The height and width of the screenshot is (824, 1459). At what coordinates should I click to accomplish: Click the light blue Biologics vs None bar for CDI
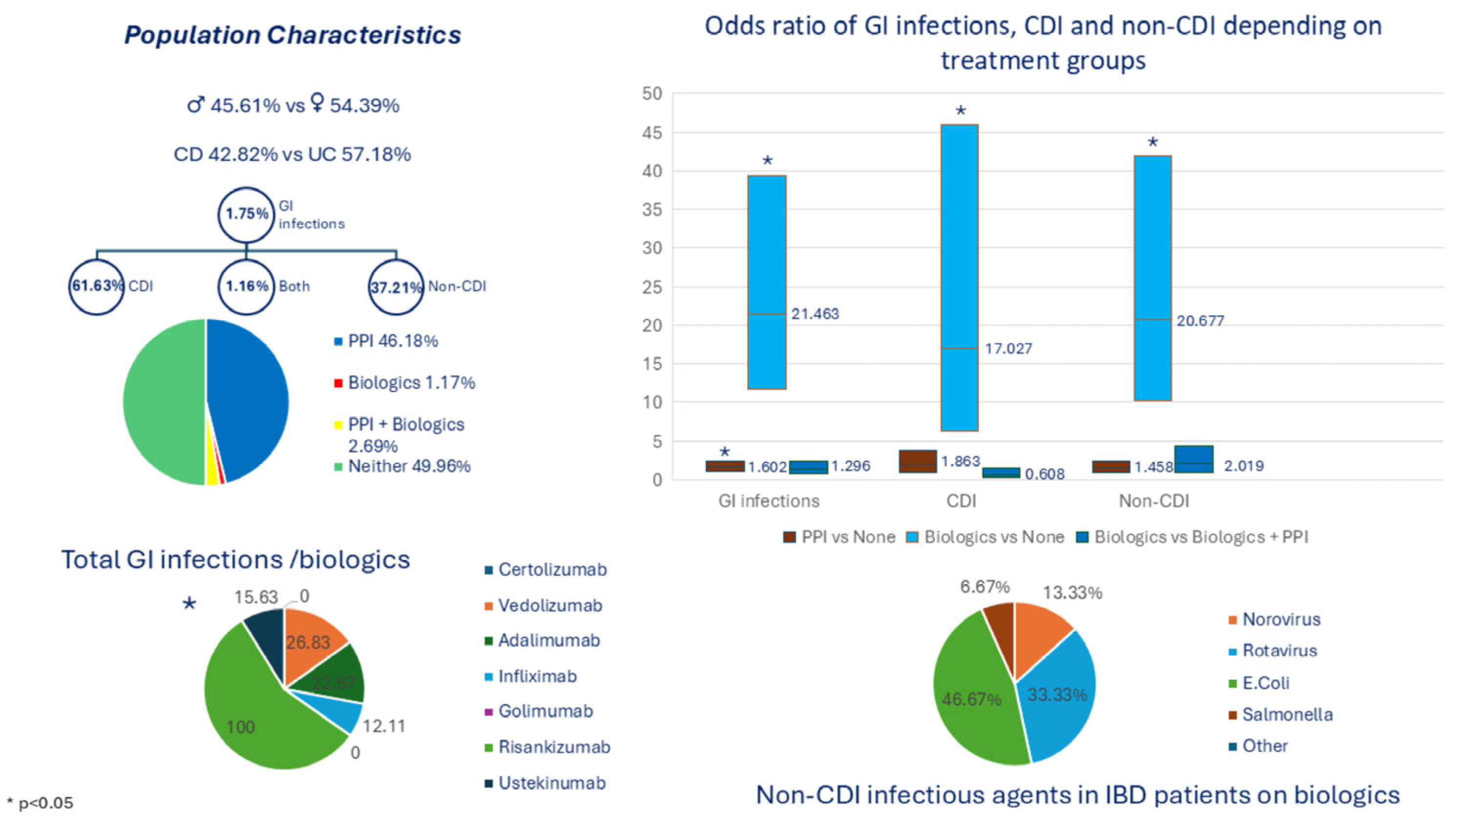(959, 278)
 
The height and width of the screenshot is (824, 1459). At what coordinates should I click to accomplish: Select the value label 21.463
(815, 314)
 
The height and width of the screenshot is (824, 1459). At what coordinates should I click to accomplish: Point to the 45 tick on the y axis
(652, 132)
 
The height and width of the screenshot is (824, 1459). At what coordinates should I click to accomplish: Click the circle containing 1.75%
(246, 214)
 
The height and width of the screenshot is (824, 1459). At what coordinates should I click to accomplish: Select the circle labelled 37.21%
(396, 287)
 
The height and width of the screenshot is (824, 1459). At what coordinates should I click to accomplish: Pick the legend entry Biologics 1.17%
(411, 383)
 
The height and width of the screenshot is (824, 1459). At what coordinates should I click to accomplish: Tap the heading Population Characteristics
(292, 35)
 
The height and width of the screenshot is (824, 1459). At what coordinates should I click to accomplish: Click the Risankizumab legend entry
(553, 747)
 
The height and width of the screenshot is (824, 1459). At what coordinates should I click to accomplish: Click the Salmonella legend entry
(1286, 715)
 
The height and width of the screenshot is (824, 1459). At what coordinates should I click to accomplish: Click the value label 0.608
(1044, 474)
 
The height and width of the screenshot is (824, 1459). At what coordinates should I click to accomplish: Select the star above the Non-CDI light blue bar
(1152, 142)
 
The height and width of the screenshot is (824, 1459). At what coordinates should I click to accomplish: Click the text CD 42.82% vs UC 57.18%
(292, 154)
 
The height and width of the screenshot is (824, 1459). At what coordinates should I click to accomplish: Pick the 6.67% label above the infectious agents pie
(984, 586)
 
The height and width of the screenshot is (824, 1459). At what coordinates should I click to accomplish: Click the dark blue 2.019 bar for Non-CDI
(1194, 459)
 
